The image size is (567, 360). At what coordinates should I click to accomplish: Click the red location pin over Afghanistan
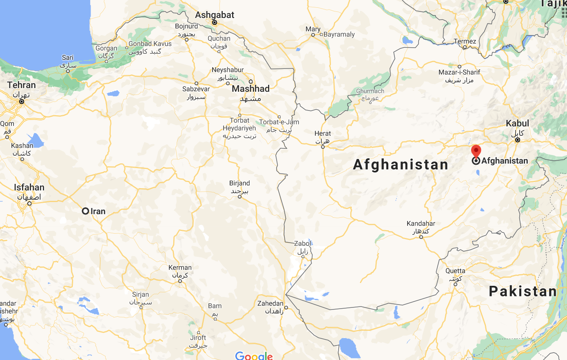tap(476, 151)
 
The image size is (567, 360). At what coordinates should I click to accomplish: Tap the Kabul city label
tap(517, 124)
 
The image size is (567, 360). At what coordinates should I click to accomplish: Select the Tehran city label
tap(21, 85)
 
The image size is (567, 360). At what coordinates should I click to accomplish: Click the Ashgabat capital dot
tap(215, 22)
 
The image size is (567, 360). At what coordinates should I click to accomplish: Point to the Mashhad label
tap(250, 89)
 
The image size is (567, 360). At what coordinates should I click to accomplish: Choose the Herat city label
tap(323, 134)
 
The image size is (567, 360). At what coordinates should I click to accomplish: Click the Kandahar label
tap(421, 223)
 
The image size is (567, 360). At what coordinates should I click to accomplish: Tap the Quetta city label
tap(455, 271)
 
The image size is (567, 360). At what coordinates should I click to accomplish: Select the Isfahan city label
tap(29, 188)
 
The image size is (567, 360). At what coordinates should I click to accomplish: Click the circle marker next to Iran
tap(85, 211)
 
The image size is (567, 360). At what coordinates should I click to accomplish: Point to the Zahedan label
tap(270, 303)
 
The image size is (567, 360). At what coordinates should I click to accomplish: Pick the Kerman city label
tap(180, 268)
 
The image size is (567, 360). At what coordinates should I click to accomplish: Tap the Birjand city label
tap(239, 183)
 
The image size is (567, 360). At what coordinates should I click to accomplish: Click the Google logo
tap(254, 356)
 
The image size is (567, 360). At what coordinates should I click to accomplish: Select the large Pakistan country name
tap(523, 292)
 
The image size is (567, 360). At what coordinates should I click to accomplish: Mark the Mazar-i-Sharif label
tap(459, 72)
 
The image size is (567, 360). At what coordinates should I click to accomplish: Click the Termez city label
tap(465, 41)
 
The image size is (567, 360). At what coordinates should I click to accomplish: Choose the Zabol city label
tap(302, 244)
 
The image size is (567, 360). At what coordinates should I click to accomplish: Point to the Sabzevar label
tap(196, 89)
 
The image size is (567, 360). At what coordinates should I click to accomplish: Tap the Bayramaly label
tap(339, 35)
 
